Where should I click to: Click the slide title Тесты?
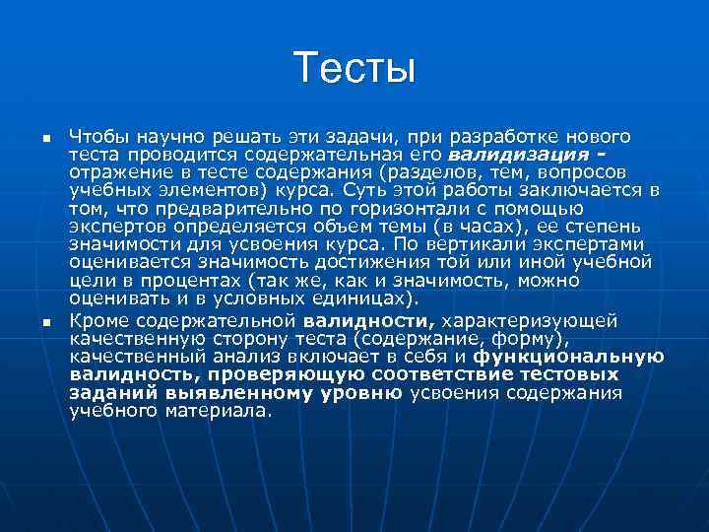tap(354, 69)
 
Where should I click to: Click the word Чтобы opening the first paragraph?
tap(96, 136)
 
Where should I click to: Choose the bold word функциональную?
tap(568, 357)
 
